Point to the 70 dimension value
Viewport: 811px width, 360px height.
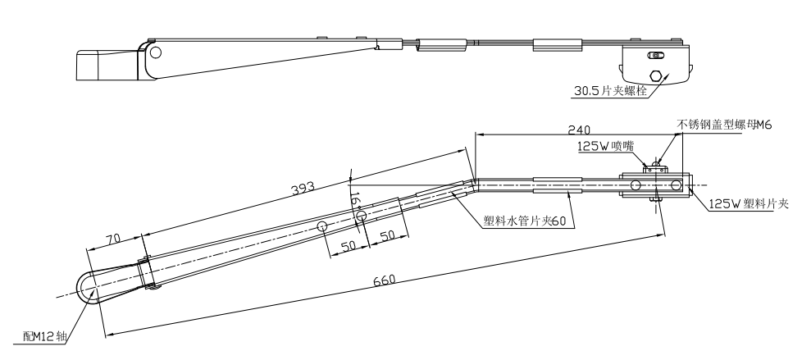(x=113, y=239)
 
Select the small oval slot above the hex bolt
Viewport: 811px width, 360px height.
(x=655, y=56)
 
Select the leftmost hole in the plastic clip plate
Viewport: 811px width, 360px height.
(x=636, y=185)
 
